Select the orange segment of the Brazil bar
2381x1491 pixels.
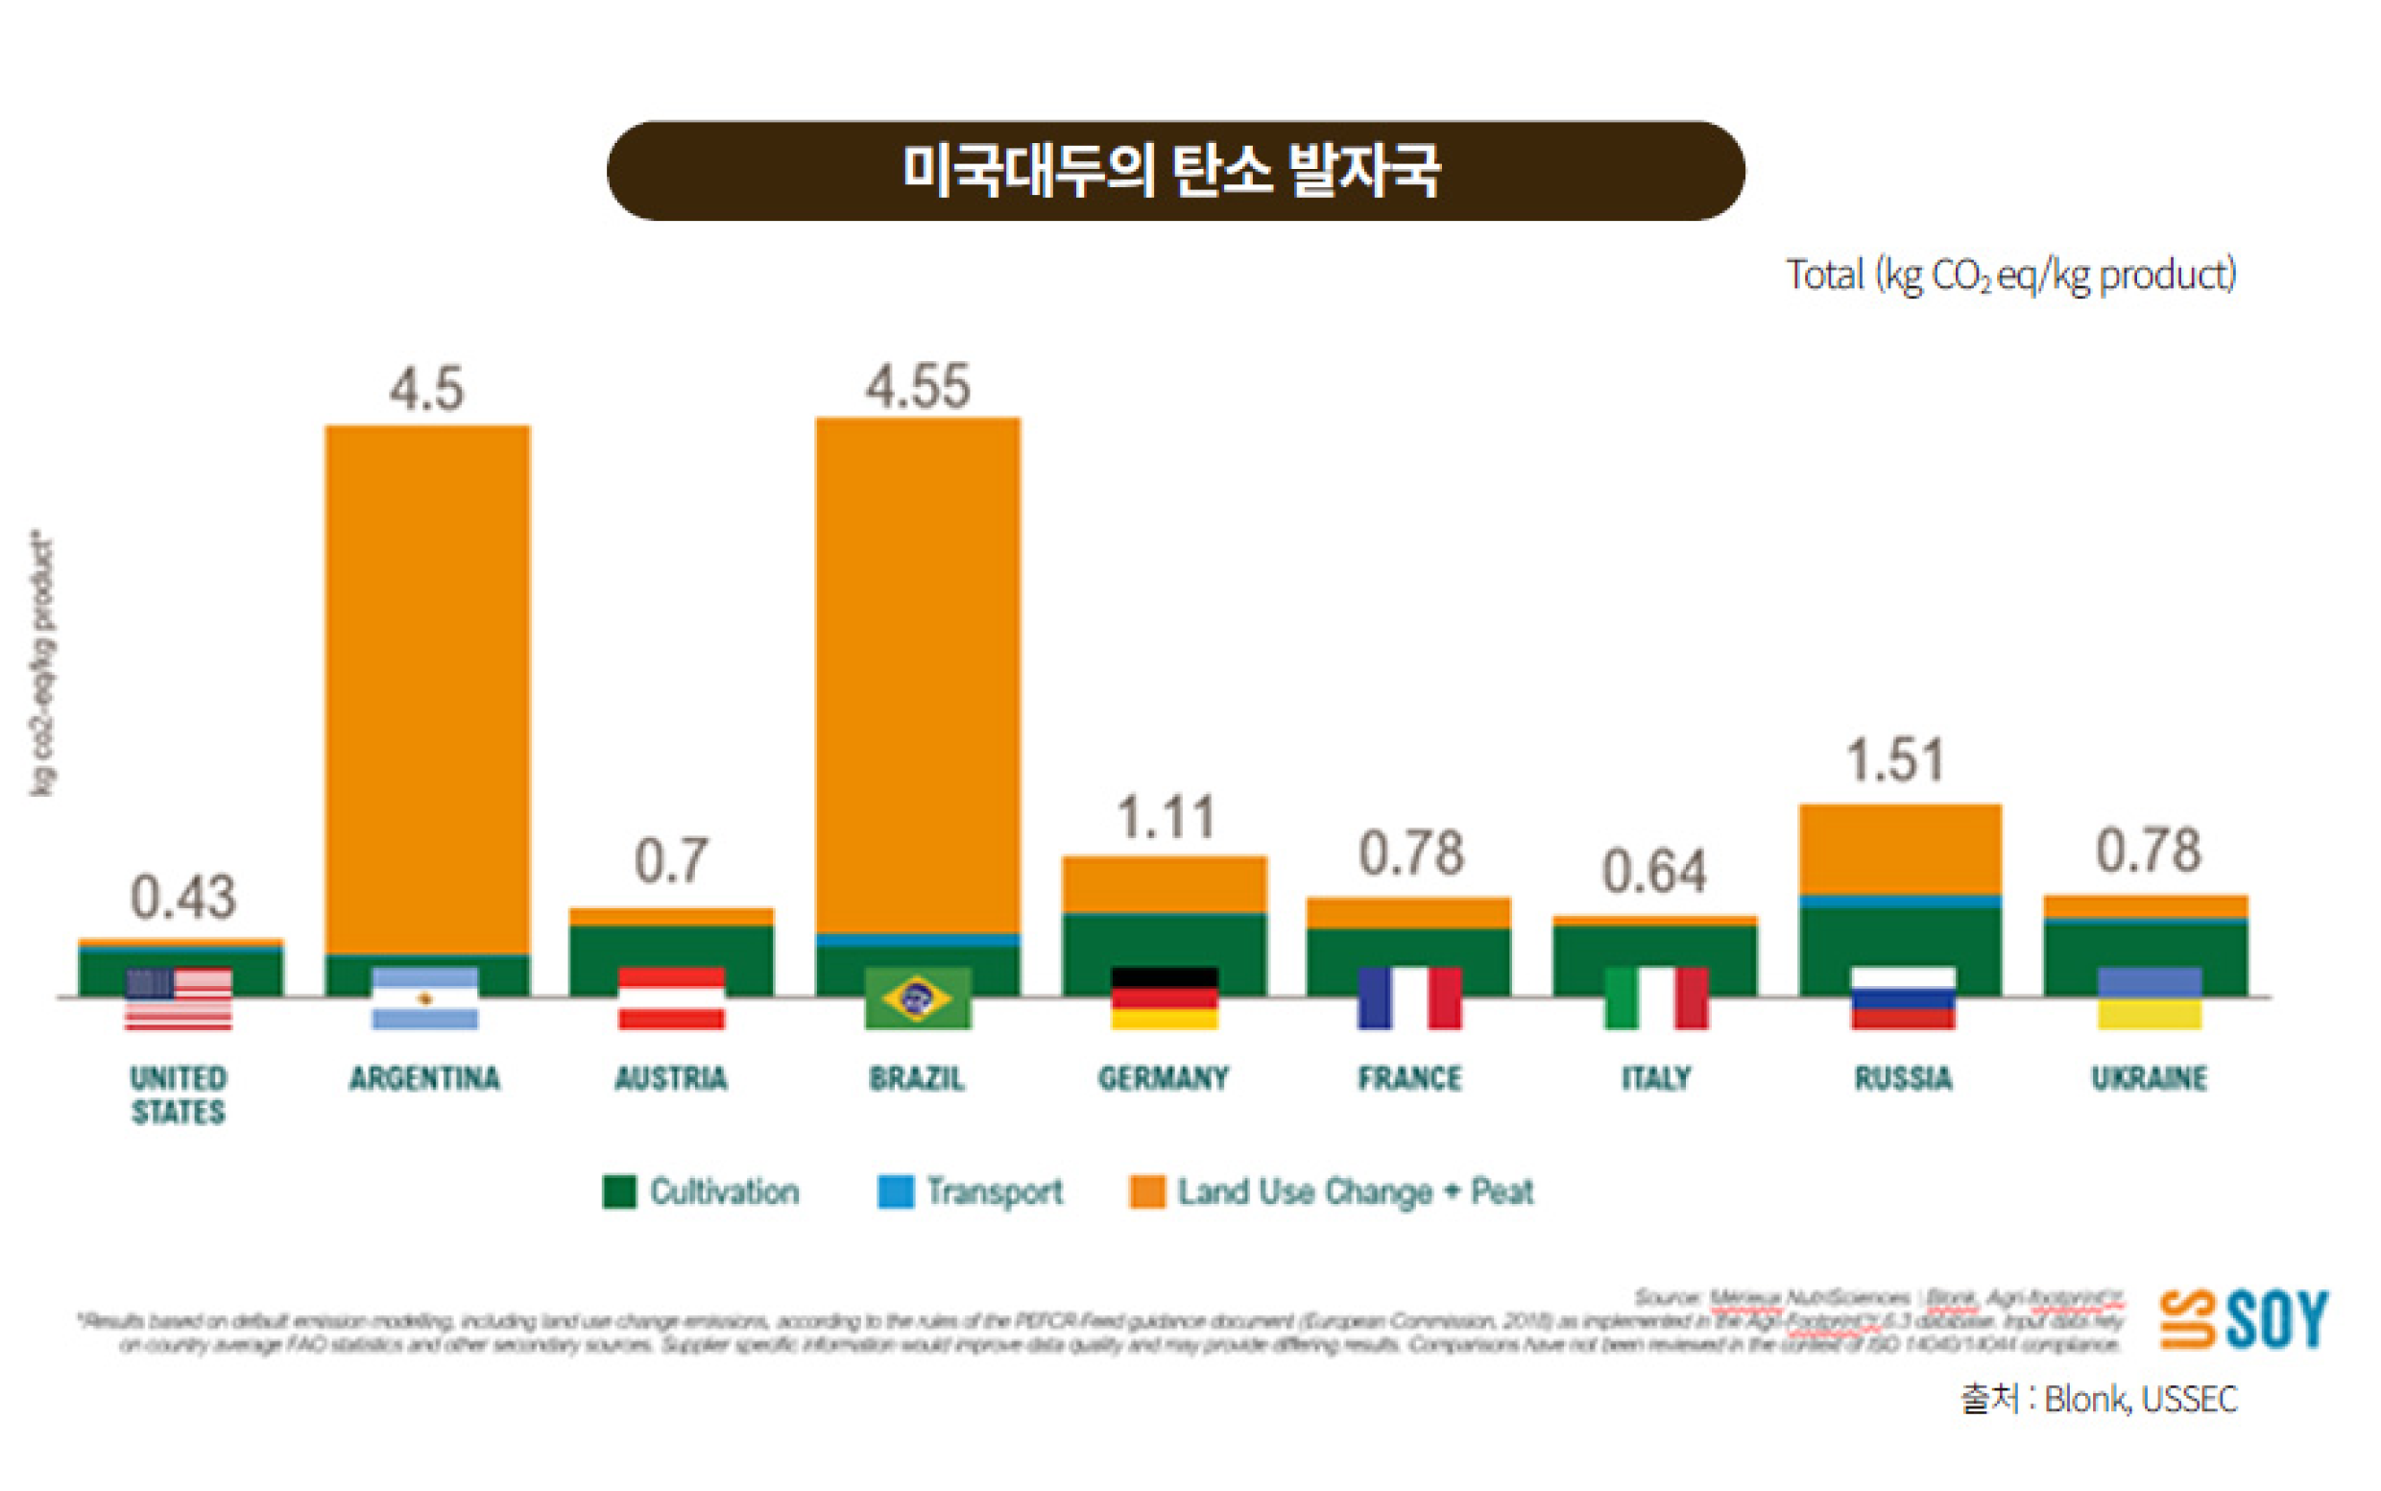[918, 675]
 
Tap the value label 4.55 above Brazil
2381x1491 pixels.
[918, 387]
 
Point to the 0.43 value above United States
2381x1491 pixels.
[182, 898]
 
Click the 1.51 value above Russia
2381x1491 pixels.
[1895, 760]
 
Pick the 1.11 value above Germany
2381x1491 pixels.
[1166, 817]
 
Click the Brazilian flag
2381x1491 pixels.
[918, 998]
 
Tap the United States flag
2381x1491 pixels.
[179, 998]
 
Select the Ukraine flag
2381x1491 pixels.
[2150, 998]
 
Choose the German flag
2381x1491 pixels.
[1165, 998]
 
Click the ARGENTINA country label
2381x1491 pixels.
[425, 1079]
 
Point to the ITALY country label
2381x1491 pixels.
[1656, 1079]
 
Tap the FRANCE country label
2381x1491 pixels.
[1409, 1079]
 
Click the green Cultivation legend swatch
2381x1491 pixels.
[619, 1191]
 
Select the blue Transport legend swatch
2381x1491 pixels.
[895, 1191]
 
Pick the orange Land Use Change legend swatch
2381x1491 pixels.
[1146, 1191]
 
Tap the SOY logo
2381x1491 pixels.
[2244, 1319]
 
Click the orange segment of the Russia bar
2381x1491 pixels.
[1900, 849]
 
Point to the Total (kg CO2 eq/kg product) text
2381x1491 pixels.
[2011, 276]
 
